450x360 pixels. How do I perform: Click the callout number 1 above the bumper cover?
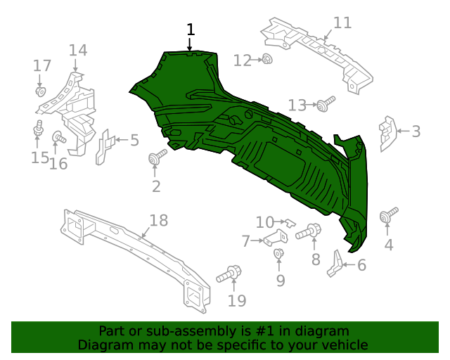pos(191,30)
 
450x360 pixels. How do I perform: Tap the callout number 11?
pos(342,22)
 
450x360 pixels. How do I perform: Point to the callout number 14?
pos(77,50)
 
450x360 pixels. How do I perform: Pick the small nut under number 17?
pos(40,91)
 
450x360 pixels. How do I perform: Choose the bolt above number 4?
pos(389,216)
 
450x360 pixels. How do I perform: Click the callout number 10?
pos(265,223)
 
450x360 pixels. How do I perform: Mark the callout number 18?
pos(159,221)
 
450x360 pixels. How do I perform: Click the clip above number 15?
pos(39,129)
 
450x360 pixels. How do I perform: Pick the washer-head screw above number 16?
pos(59,136)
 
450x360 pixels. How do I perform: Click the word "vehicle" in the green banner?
pos(342,345)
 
